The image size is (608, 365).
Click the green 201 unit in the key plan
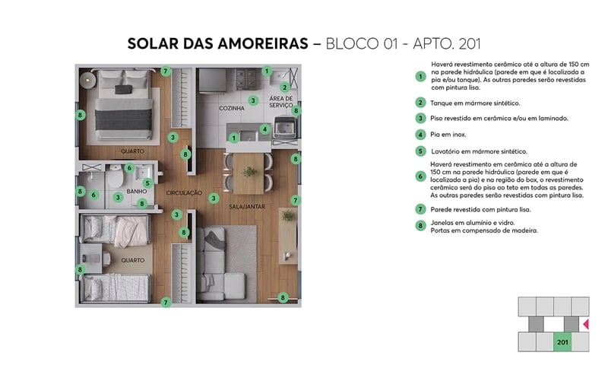(562, 341)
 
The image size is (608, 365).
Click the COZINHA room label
(231, 109)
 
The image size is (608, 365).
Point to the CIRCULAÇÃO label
(184, 193)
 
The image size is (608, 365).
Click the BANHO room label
(137, 192)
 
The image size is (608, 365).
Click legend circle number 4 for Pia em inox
(420, 135)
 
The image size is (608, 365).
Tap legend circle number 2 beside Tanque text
(420, 103)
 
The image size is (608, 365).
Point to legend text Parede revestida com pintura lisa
(480, 209)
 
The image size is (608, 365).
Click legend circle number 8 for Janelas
(420, 226)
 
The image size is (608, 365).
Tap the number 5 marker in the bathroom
(147, 182)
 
